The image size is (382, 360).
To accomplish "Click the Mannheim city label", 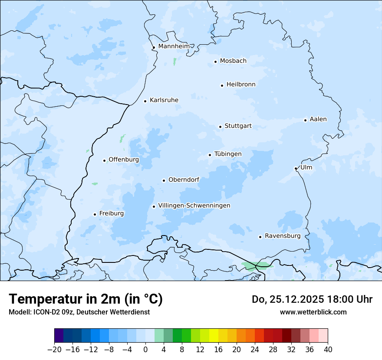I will point(174,46).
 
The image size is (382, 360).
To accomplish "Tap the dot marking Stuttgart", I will point(220,127).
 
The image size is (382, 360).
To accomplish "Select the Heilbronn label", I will point(241,84).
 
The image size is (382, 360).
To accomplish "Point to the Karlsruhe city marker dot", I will point(145,101).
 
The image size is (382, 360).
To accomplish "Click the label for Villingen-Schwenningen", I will point(194,205).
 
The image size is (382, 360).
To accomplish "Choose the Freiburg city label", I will point(111,213).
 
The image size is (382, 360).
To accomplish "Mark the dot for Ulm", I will point(296,168).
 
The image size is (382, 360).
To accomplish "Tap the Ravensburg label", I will point(282,236).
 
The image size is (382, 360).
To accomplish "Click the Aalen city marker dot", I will point(305,120).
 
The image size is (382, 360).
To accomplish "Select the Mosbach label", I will point(233,61).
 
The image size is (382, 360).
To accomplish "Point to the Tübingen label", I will point(228,154).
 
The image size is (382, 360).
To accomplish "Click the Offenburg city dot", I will point(104,160).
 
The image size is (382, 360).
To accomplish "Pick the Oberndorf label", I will point(184,180).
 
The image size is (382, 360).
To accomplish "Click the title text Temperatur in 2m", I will point(86,299).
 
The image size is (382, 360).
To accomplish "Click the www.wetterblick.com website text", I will point(313,312).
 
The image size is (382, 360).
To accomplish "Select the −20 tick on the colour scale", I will point(55,350).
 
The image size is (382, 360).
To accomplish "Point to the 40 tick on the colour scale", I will point(328,350).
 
